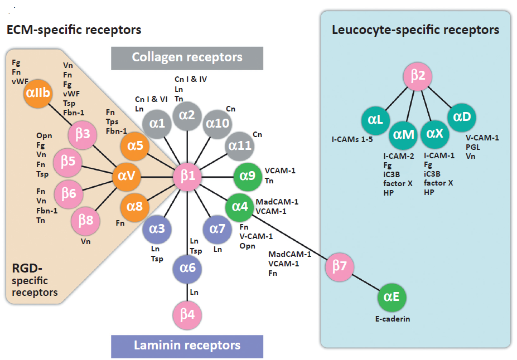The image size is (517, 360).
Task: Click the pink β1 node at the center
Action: tap(187, 177)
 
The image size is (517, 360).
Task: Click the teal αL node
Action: tap(374, 119)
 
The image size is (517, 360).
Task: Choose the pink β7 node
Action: tap(339, 266)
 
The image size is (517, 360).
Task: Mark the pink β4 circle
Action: tap(187, 314)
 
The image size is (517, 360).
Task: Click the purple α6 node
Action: tap(187, 268)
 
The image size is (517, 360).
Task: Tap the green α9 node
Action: tap(247, 176)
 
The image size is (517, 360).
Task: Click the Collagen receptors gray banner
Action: tap(187, 57)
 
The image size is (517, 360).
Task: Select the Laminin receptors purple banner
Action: tap(187, 346)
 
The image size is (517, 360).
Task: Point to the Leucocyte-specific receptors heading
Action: tap(415, 30)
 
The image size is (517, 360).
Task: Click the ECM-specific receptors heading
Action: tap(74, 29)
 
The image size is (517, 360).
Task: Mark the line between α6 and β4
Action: tap(187, 291)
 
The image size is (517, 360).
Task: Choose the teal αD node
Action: tap(462, 116)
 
